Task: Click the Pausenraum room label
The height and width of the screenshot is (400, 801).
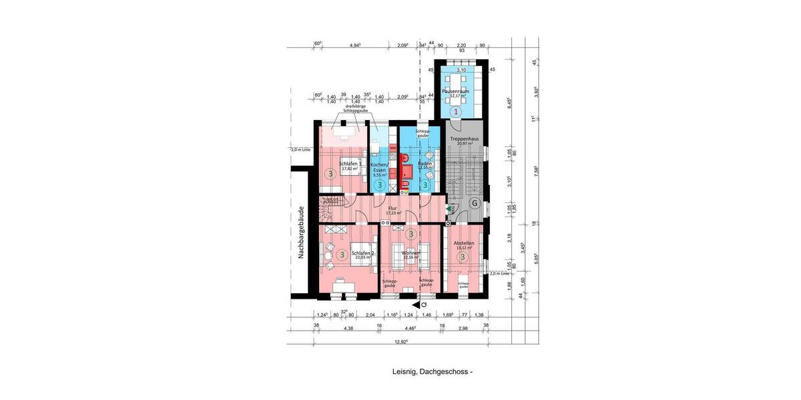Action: click(x=459, y=90)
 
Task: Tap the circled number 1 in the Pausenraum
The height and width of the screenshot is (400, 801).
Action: click(x=457, y=111)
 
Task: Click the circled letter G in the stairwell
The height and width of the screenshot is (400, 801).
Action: click(x=475, y=203)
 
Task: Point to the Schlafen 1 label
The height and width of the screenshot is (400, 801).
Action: click(x=350, y=164)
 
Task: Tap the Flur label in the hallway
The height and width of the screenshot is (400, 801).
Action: click(x=392, y=209)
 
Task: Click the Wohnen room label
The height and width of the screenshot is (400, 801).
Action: click(x=411, y=254)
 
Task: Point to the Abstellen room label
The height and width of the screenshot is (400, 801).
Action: click(x=463, y=244)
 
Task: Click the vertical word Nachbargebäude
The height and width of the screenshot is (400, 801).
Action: click(x=302, y=231)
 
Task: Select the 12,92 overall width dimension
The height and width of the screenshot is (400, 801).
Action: click(x=400, y=341)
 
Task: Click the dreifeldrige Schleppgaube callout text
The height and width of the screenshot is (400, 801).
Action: click(x=355, y=108)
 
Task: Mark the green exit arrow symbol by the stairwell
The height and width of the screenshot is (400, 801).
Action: click(x=451, y=209)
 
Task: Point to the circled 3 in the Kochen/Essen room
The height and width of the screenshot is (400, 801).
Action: click(x=379, y=185)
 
